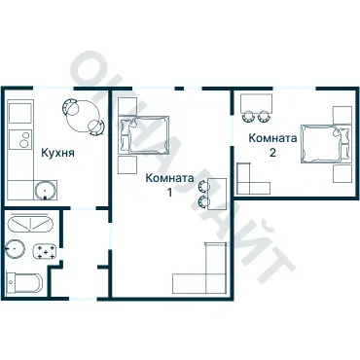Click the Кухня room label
click(x=57, y=153)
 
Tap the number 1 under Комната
click(x=169, y=193)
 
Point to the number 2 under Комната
click(x=272, y=153)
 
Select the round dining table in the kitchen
click(x=83, y=116)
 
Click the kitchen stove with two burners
click(x=20, y=139)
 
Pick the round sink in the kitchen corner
click(x=46, y=190)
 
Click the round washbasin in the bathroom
click(x=15, y=249)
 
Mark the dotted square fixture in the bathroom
click(x=45, y=251)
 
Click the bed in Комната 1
click(x=144, y=134)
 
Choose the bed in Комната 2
click(x=326, y=143)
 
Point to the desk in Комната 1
click(x=217, y=194)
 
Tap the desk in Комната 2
click(x=256, y=103)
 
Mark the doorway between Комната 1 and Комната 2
click(x=233, y=130)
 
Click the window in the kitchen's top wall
click(x=54, y=88)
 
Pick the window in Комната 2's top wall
click(x=295, y=89)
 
